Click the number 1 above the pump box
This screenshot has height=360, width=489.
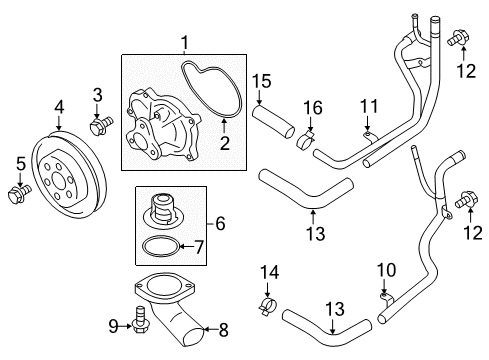click(x=185, y=43)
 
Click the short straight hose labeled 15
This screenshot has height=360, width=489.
click(x=277, y=126)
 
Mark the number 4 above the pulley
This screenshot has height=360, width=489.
click(x=59, y=106)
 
